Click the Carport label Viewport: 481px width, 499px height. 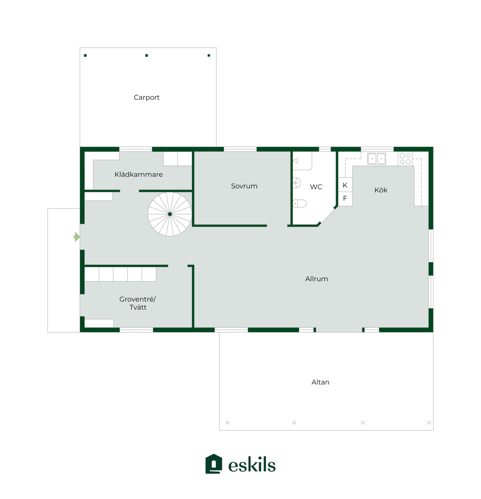tap(146, 97)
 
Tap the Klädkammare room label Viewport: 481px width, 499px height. tap(139, 174)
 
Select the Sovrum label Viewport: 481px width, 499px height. tap(244, 186)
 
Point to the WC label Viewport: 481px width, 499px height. tap(316, 187)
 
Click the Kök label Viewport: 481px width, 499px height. tap(381, 190)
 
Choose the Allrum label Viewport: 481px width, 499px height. tap(316, 279)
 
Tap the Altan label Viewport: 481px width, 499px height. tap(320, 382)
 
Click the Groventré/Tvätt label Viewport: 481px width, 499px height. tap(138, 303)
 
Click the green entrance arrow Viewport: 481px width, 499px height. tap(77, 237)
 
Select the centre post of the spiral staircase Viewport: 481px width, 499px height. tap(170, 214)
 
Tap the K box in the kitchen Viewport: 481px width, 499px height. tap(345, 185)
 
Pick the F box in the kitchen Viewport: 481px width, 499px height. tap(345, 198)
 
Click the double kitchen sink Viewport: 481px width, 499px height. tap(376, 159)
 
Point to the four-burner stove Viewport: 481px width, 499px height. tap(405, 159)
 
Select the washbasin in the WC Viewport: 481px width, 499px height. tap(296, 183)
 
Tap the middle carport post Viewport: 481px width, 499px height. tap(147, 55)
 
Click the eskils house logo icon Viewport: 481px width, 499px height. tap(213, 464)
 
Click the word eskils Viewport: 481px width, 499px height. tap(252, 465)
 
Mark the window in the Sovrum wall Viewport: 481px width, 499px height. tap(240, 149)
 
